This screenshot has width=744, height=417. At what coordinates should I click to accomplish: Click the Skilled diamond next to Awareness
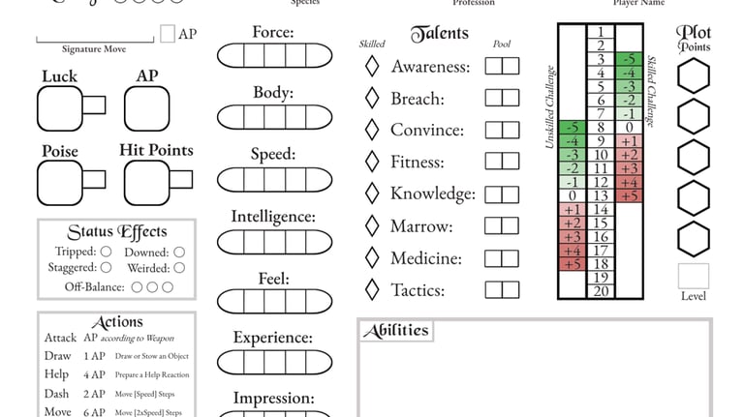pos(371,67)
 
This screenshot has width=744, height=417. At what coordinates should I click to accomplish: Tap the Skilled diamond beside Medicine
pos(371,258)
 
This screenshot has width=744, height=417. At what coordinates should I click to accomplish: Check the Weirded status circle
pos(179,267)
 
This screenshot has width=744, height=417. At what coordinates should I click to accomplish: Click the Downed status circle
pos(179,252)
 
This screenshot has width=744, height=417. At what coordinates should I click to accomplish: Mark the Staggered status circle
pos(107,267)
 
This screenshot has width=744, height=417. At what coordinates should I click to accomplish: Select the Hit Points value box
pos(147,182)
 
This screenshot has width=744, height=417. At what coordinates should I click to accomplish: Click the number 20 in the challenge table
pos(601,290)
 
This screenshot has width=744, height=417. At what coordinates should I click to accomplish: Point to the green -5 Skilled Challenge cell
pos(631,59)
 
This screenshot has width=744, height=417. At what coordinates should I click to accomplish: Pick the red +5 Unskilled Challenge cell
pos(572,263)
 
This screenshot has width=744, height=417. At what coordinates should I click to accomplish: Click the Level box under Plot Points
pos(693,276)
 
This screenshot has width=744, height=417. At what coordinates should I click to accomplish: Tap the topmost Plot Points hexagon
pos(693,75)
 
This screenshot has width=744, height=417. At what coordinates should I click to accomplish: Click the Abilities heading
pos(395,331)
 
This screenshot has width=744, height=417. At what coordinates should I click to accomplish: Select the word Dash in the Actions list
pos(57,394)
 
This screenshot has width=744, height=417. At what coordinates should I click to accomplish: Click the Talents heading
pos(439,35)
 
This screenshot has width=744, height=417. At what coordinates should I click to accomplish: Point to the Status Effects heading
pos(116,232)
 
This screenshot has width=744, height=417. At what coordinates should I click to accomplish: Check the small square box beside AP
pos(167,34)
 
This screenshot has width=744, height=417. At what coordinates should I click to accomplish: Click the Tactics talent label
pos(417,290)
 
